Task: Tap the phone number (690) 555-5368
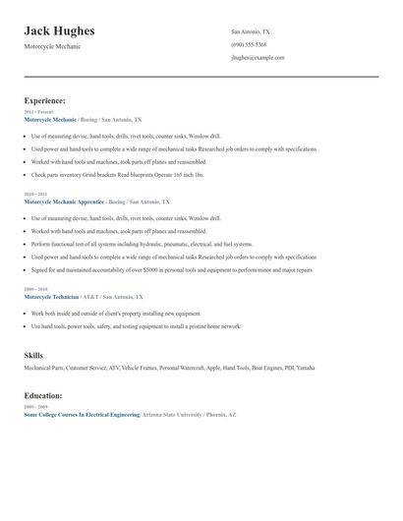point(248,45)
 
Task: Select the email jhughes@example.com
point(258,58)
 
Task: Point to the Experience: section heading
point(45,100)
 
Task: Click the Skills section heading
point(34,354)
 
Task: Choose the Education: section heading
point(43,395)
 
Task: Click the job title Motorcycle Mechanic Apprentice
point(64,201)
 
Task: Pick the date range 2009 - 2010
point(34,289)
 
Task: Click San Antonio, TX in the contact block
point(250,31)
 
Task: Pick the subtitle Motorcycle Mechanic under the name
point(52,47)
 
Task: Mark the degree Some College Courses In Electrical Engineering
point(82,415)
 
